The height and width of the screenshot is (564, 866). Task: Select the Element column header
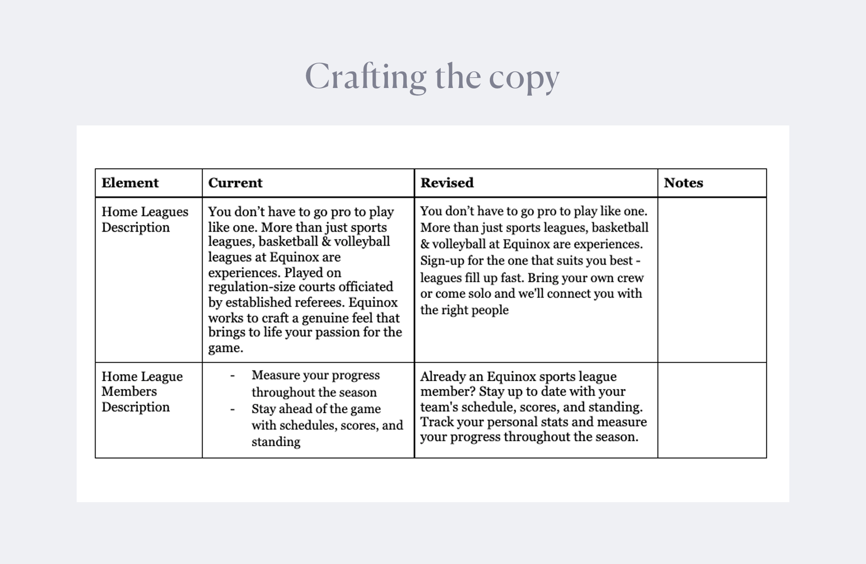tap(130, 183)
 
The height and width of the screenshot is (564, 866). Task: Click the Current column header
tap(235, 183)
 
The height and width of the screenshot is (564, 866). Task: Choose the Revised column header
tap(447, 183)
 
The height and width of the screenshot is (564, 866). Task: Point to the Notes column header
tap(683, 183)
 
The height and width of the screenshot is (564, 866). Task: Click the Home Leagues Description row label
tap(144, 219)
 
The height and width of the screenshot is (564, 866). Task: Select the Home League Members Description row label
tap(142, 391)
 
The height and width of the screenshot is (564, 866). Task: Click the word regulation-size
tap(249, 287)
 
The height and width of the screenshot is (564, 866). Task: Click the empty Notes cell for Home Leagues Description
tap(712, 280)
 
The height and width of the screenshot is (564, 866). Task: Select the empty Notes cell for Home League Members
tap(712, 410)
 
